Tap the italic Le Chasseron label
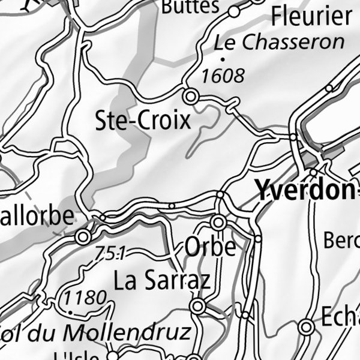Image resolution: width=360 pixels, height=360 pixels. [x=280, y=43]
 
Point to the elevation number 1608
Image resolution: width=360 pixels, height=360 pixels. [x=224, y=76]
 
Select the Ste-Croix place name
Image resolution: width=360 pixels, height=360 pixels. [x=143, y=121]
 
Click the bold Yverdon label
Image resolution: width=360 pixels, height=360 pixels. [x=305, y=190]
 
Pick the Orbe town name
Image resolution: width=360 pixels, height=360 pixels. [x=210, y=247]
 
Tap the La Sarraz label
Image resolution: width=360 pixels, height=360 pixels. [x=162, y=280]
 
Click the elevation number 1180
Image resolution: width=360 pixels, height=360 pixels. [x=86, y=297]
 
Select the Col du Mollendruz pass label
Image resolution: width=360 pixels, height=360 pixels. [x=96, y=331]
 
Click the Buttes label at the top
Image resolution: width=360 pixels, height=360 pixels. [x=191, y=7]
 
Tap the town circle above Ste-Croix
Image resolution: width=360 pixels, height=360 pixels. [x=191, y=95]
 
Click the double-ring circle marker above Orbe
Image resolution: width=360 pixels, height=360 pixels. [x=218, y=223]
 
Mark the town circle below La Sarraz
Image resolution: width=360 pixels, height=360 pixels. [x=197, y=307]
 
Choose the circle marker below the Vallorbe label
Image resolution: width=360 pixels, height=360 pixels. [x=83, y=238]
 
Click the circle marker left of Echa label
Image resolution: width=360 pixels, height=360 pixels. [x=307, y=327]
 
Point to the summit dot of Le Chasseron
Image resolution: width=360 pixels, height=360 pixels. [x=223, y=59]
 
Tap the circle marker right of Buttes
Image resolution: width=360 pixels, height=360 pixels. [x=234, y=11]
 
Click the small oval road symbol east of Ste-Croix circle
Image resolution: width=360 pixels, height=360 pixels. [x=231, y=107]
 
